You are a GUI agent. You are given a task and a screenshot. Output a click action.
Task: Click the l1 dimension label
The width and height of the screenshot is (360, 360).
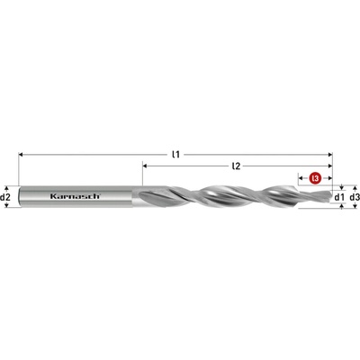pos(176,155)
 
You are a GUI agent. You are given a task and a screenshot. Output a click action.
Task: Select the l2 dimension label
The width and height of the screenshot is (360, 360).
pos(237,166)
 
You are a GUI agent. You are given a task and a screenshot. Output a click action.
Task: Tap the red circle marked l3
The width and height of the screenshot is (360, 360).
pos(315,178)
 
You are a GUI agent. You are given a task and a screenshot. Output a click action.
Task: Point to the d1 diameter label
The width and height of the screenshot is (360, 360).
pos(338,197)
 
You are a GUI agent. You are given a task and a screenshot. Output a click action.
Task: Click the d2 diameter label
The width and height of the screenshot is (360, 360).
pos(5,197)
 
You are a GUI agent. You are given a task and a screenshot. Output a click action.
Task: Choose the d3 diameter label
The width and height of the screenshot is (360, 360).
pos(355,197)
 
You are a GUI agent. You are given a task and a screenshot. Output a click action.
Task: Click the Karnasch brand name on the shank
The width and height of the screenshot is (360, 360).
pos(75,196)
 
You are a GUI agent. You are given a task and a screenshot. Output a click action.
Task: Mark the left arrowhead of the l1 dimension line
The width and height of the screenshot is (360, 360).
pos(21,155)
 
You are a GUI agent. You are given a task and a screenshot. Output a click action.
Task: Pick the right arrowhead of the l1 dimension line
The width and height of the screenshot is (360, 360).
pos(330,155)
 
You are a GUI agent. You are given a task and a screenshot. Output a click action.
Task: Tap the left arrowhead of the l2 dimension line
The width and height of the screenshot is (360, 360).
pos(145,166)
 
